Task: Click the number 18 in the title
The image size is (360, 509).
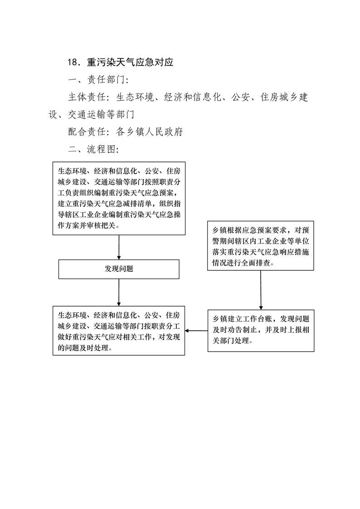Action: click(73, 62)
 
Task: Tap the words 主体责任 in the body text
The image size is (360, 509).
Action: click(87, 97)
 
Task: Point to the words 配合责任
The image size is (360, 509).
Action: click(87, 132)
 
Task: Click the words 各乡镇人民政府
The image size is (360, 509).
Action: click(150, 132)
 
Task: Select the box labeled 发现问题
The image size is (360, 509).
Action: click(119, 269)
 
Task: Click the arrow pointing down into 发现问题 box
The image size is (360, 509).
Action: click(119, 247)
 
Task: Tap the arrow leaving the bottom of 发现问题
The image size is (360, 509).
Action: click(119, 293)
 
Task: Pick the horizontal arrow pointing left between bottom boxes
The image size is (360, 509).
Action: click(196, 331)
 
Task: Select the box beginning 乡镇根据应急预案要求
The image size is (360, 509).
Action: click(260, 246)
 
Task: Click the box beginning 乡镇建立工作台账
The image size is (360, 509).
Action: click(261, 331)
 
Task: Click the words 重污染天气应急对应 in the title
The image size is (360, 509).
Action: click(130, 62)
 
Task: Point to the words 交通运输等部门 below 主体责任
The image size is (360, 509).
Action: click(101, 114)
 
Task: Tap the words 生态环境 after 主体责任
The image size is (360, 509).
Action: click(135, 97)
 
